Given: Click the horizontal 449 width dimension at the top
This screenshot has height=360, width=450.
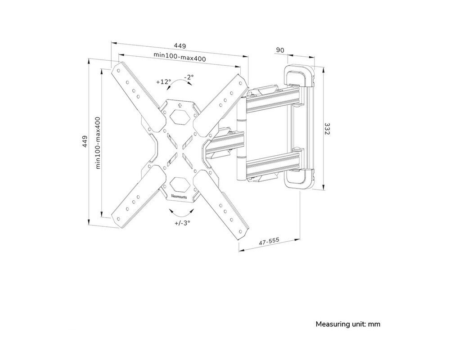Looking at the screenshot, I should (x=180, y=46).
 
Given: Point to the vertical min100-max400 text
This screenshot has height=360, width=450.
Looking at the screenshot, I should (x=98, y=143).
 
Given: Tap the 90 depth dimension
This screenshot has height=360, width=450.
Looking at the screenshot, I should (x=279, y=50).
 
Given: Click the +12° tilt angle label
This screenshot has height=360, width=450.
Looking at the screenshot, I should (x=163, y=82).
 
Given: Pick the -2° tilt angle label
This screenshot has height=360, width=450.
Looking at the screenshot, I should (x=188, y=77).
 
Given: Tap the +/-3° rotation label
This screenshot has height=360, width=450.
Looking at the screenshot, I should (x=182, y=223).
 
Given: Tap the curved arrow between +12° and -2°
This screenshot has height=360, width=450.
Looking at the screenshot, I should (x=178, y=82).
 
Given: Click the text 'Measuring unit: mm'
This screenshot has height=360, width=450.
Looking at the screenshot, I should (x=348, y=324).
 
